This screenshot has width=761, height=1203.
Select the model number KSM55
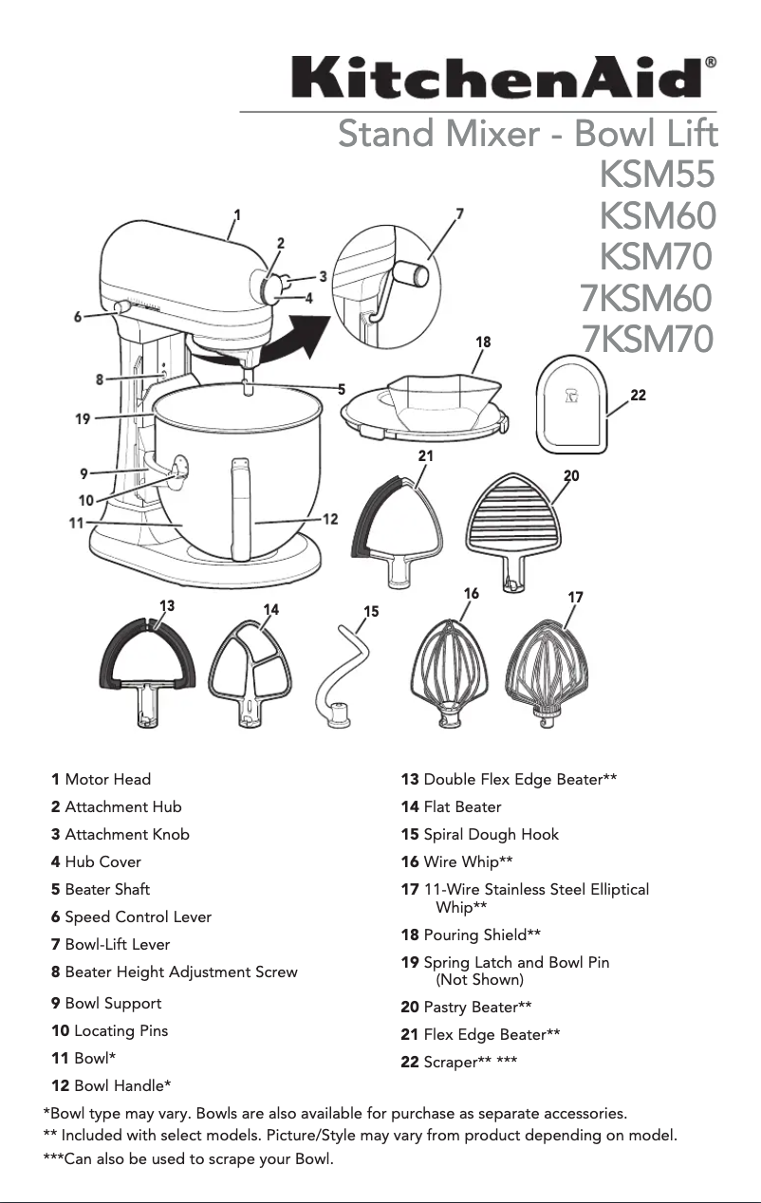click(657, 176)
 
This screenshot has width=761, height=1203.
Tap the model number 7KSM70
click(646, 338)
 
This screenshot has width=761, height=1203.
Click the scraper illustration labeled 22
click(572, 401)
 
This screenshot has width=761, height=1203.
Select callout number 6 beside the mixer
click(78, 317)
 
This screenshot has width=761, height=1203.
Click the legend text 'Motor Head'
click(107, 780)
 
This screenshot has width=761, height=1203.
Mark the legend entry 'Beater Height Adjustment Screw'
click(180, 972)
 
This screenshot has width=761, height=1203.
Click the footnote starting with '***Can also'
click(189, 1159)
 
